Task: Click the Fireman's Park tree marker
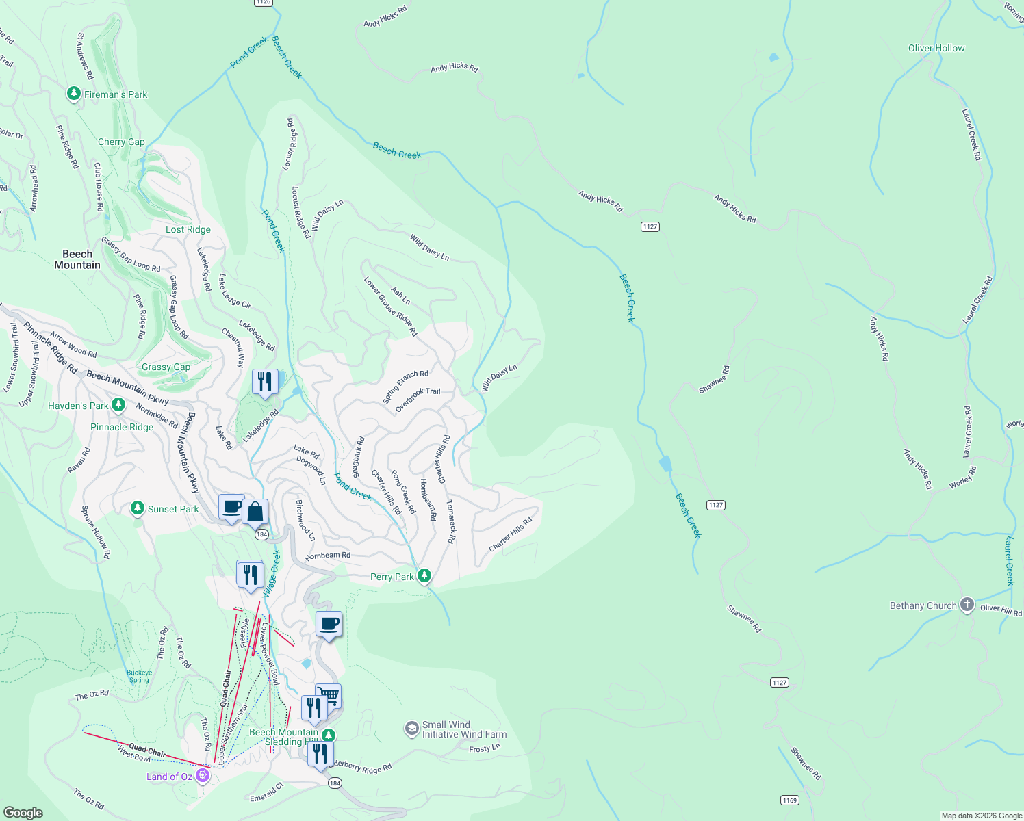tap(74, 94)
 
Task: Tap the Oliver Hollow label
tap(936, 49)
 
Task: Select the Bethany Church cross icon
tap(967, 605)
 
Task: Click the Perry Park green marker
tap(424, 576)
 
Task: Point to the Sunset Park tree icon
tap(138, 508)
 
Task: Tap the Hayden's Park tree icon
tap(118, 405)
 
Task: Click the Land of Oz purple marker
tap(202, 775)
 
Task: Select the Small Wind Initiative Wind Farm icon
tap(411, 729)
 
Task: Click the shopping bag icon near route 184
tap(255, 511)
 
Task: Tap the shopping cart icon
tap(329, 696)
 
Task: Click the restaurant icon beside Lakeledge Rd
tap(265, 382)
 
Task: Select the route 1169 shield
tap(789, 800)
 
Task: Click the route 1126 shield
tap(263, 2)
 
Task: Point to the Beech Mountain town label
tap(77, 259)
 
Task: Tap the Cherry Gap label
tap(121, 142)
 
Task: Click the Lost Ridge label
tap(188, 229)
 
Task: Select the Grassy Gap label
tap(166, 367)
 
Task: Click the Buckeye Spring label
tap(139, 676)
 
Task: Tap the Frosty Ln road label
tap(484, 748)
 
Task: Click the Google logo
tap(23, 812)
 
